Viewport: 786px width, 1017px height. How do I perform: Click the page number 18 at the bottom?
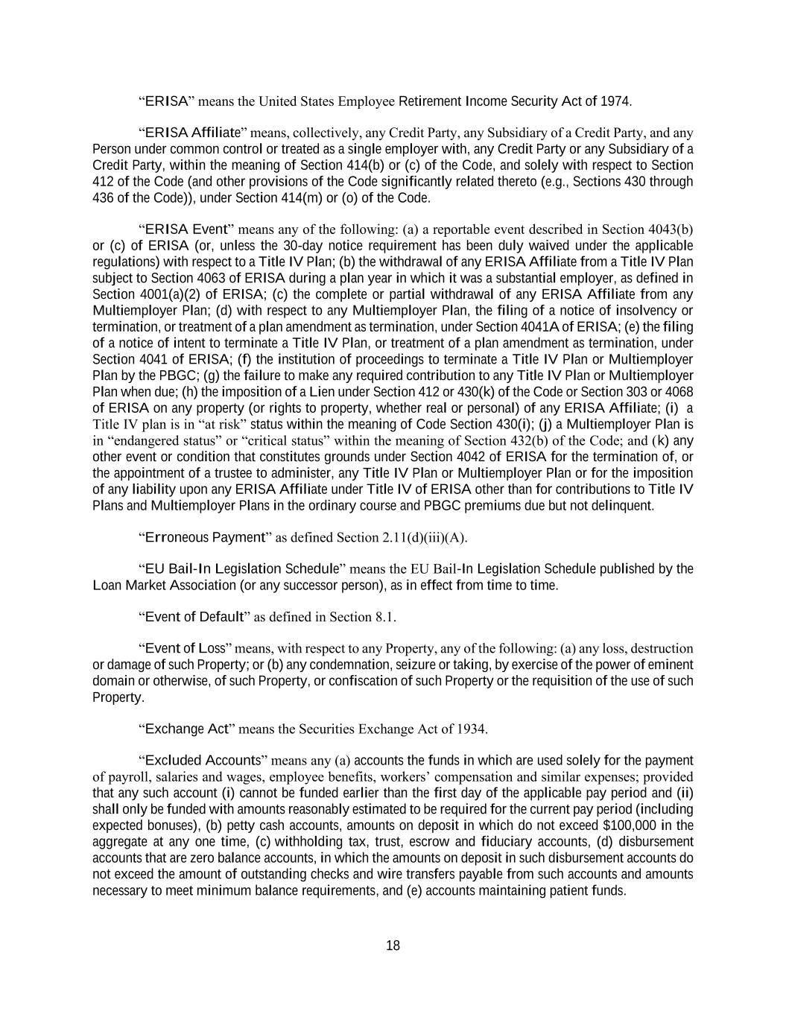(393, 946)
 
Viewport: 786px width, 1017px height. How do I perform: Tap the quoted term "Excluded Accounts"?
(203, 761)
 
